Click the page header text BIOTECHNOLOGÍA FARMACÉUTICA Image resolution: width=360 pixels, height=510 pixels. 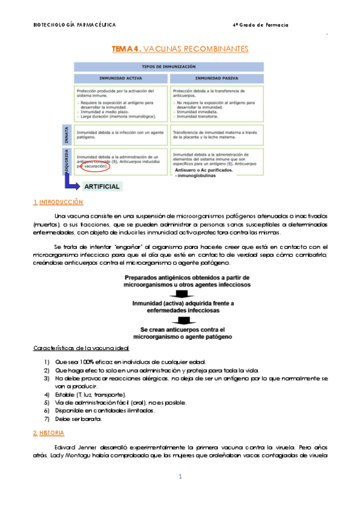(74, 25)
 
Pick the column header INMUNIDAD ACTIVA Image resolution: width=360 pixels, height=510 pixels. (120, 78)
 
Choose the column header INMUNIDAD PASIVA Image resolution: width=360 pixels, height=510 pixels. (217, 78)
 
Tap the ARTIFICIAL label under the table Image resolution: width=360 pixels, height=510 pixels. (103, 186)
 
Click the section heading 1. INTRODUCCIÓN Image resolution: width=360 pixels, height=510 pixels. (58, 202)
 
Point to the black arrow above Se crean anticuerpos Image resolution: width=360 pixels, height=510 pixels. (180, 321)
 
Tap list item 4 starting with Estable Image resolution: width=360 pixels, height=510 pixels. (90, 394)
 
